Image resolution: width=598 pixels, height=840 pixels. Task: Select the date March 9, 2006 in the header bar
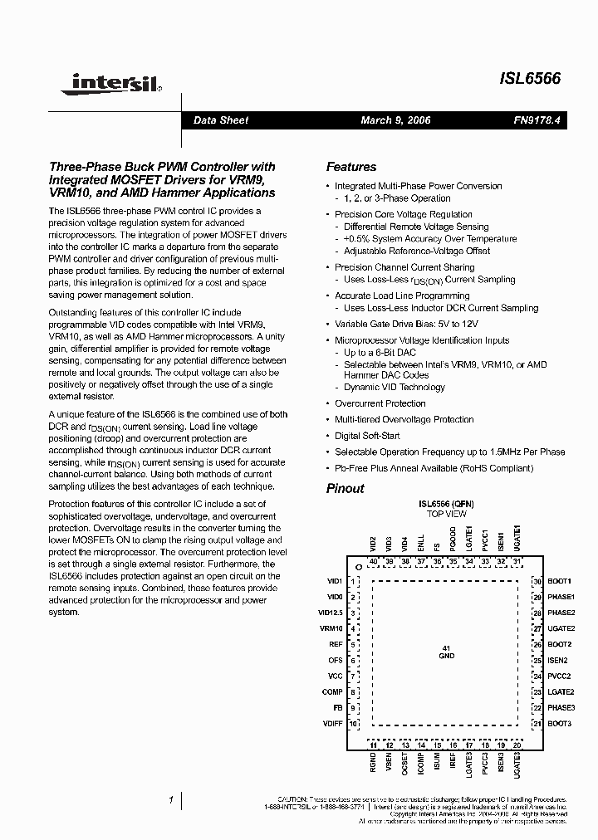tap(395, 120)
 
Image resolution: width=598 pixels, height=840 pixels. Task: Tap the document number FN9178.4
tap(537, 120)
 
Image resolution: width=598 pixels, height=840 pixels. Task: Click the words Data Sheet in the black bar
tap(221, 120)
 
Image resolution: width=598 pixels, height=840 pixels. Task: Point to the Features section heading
tap(350, 167)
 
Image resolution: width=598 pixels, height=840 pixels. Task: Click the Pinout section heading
tap(345, 488)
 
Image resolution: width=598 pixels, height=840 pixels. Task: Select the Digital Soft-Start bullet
tap(367, 436)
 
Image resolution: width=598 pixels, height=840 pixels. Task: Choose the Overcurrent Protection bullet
tap(380, 403)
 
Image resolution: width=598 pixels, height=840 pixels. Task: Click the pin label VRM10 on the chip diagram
tap(331, 628)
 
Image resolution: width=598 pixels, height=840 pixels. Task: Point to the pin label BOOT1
tap(560, 581)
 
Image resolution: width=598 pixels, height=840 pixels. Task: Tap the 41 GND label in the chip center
tap(447, 652)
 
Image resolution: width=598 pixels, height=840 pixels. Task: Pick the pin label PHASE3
tap(561, 707)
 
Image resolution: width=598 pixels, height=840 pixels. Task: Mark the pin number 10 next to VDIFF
tap(353, 724)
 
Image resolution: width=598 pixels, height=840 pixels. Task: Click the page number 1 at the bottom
tap(170, 799)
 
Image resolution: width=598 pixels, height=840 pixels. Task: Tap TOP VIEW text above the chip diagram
tap(446, 514)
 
